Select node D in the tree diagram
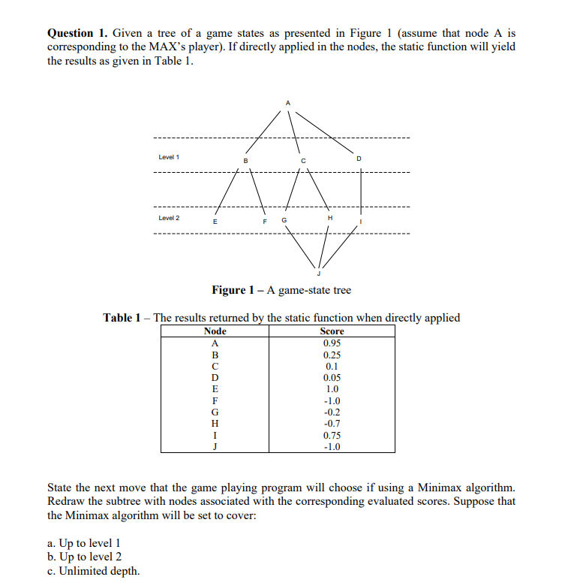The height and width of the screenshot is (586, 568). click(x=359, y=159)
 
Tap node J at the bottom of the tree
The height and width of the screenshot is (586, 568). click(x=318, y=275)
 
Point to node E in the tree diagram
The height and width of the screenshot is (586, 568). click(x=215, y=222)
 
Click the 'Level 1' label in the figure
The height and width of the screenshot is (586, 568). click(x=169, y=157)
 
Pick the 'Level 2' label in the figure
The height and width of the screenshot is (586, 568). click(x=169, y=218)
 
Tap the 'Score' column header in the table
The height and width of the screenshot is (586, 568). click(x=332, y=331)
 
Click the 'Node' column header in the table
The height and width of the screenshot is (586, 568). click(x=215, y=331)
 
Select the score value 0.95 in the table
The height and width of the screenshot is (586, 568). click(x=332, y=343)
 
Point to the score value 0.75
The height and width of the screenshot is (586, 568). click(x=332, y=435)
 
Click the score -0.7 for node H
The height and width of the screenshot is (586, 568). click(x=332, y=423)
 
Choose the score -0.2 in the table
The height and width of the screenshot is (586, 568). click(x=332, y=412)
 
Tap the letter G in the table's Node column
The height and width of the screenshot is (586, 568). click(x=215, y=412)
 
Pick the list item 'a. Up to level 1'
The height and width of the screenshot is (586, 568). click(x=83, y=542)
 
